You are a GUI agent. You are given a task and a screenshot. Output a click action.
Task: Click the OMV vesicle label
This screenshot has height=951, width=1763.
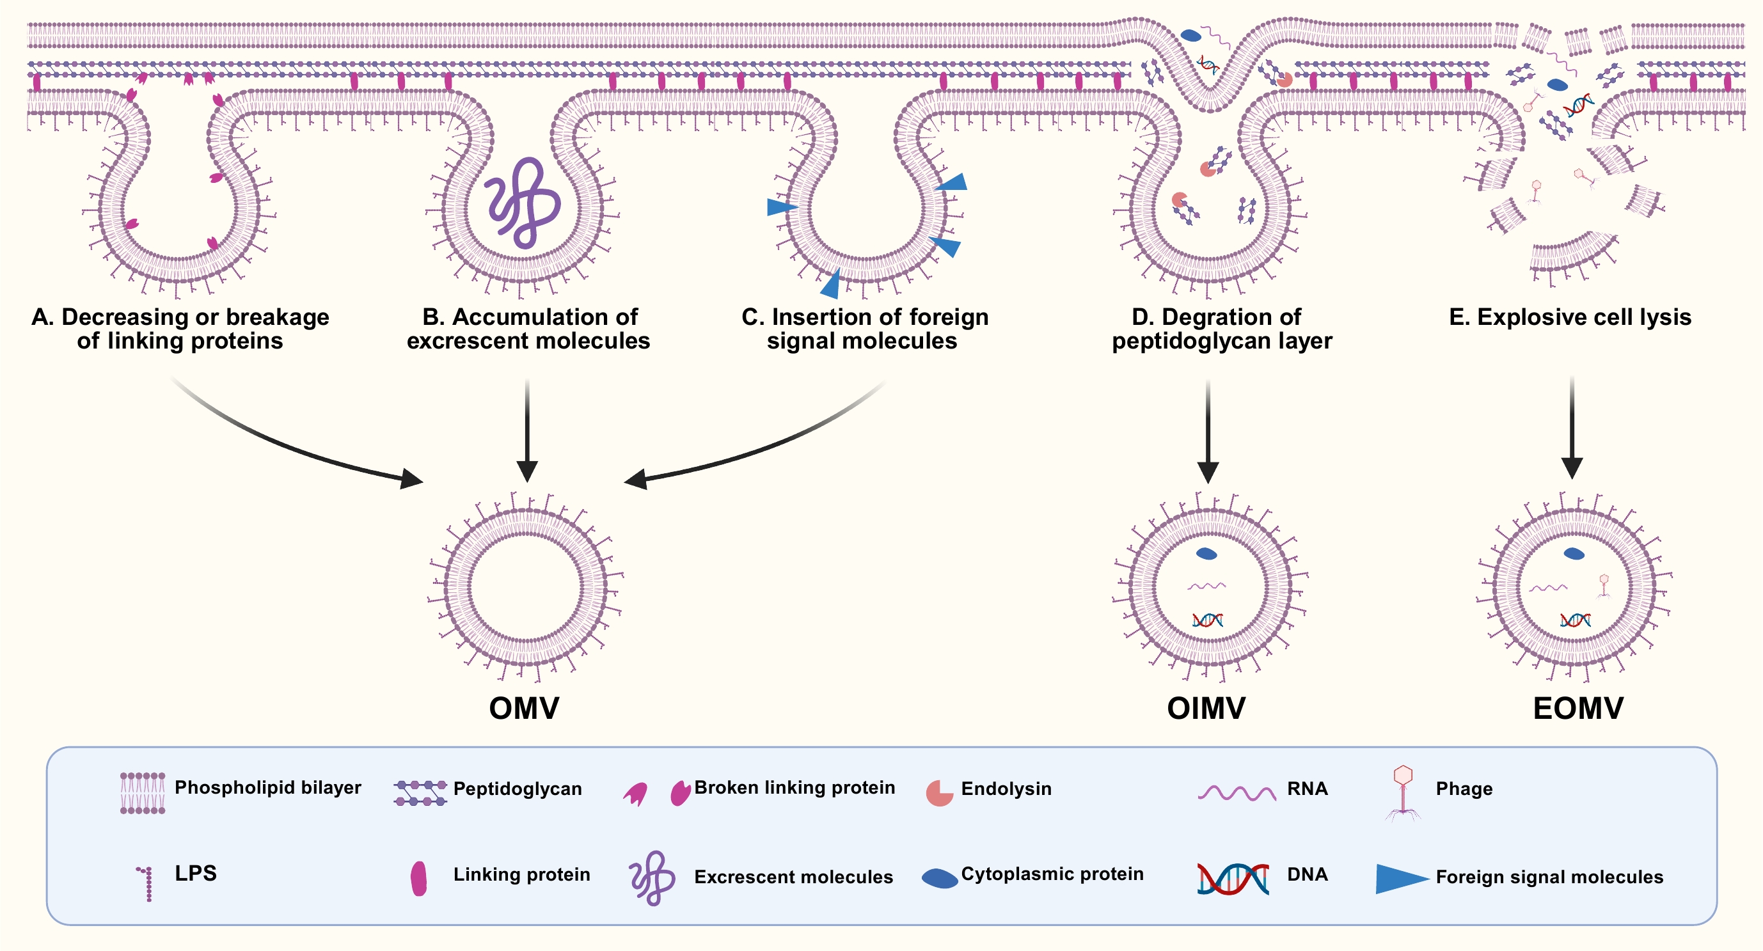pos(523,708)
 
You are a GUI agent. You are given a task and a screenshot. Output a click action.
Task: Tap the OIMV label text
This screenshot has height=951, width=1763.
pos(1206,708)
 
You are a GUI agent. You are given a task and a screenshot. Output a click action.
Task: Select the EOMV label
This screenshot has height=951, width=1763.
pos(1577,708)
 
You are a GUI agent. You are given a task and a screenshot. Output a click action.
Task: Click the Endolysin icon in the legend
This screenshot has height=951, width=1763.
pos(939,793)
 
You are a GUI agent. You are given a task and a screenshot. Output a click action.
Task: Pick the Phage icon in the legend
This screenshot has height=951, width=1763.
pos(1403,792)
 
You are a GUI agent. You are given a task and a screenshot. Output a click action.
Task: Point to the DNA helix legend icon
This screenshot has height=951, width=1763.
pos(1233,879)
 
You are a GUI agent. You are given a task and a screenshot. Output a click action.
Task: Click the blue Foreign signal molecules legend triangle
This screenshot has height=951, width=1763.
pos(1400,879)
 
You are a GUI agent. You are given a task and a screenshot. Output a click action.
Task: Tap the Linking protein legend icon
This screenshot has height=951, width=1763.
pos(419,879)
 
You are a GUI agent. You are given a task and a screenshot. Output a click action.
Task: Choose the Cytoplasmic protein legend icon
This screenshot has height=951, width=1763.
pos(939,879)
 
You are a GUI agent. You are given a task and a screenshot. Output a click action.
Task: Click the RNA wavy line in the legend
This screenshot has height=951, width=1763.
pos(1236,793)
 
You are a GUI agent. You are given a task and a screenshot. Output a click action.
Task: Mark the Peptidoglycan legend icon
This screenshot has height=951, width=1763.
pos(420,793)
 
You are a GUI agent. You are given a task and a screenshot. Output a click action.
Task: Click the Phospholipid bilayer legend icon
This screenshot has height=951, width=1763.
pos(143,793)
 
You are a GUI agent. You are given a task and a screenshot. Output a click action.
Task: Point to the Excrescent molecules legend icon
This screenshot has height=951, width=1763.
pos(652,879)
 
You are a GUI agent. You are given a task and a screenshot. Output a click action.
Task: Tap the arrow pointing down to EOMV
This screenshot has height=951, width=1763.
pos(1572,428)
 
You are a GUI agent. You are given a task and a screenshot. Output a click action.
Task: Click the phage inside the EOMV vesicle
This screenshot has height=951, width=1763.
pos(1604,585)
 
